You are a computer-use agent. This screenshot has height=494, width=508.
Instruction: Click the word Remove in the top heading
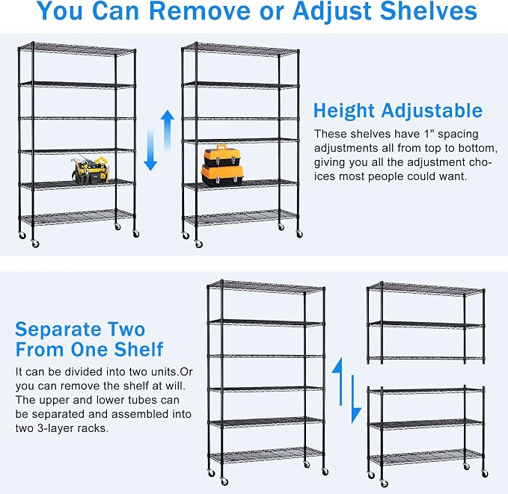click(x=199, y=10)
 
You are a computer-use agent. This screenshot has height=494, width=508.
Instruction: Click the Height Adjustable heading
click(x=398, y=111)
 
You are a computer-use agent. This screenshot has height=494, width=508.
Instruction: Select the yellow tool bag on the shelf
click(x=90, y=170)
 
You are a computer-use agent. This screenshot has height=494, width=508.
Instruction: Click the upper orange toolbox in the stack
click(x=222, y=156)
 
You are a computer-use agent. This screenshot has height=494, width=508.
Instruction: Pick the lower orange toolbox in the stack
click(x=222, y=176)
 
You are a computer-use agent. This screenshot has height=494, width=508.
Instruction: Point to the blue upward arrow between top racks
click(x=167, y=130)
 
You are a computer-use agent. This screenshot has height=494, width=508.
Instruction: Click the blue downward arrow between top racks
click(x=150, y=149)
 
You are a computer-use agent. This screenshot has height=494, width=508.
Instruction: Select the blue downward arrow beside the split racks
click(x=355, y=399)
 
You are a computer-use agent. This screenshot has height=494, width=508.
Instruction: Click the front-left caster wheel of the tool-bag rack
click(x=35, y=244)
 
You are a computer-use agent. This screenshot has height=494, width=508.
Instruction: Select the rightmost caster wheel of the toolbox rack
click(x=299, y=235)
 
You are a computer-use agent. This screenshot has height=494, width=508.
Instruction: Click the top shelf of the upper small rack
click(x=426, y=288)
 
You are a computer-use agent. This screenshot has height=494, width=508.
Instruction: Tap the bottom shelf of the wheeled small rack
click(x=426, y=457)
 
